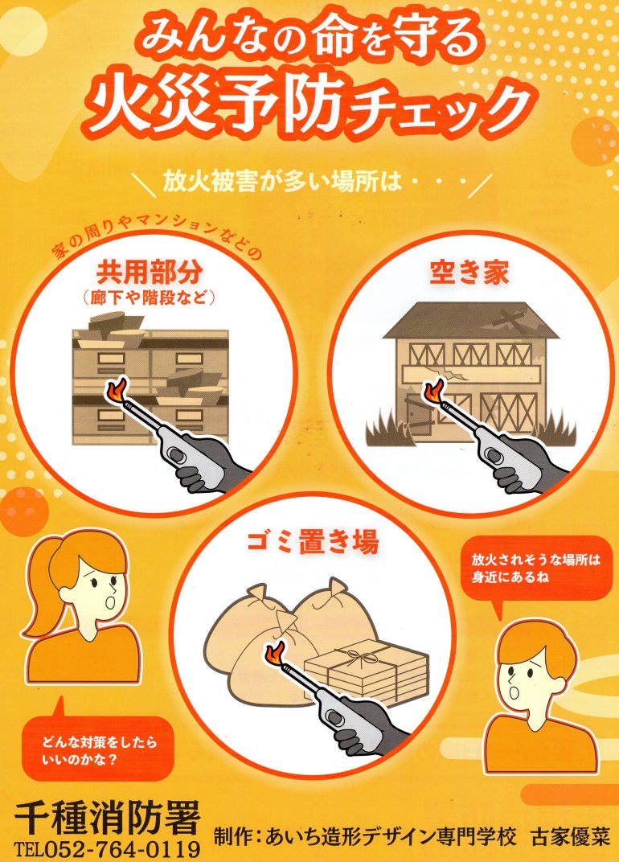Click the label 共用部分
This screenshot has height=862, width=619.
click(149, 271)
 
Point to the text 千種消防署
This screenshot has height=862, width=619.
click(108, 819)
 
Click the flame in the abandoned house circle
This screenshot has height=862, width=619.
click(434, 391)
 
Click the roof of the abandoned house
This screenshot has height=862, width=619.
click(470, 321)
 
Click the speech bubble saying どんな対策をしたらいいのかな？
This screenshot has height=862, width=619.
click(98, 748)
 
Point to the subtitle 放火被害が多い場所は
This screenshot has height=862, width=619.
click(281, 181)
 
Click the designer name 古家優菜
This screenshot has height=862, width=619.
click(571, 837)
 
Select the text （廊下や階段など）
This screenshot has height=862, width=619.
click(149, 298)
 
